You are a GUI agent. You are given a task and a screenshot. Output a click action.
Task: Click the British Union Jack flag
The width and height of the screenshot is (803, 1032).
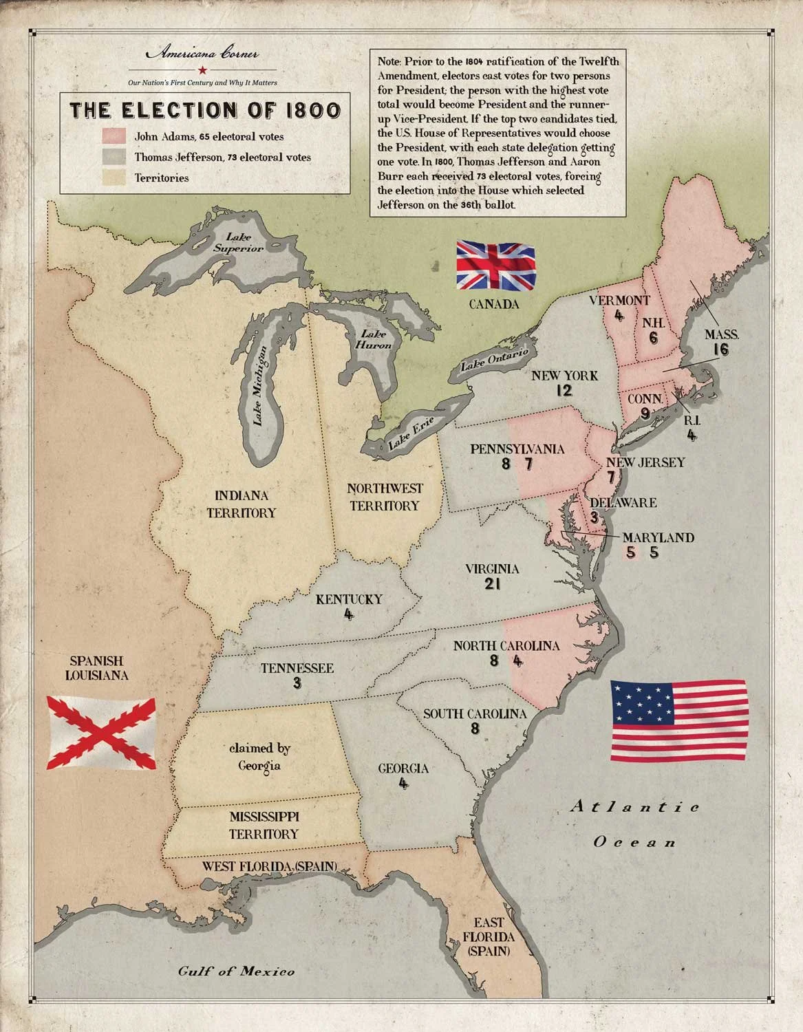tap(495, 266)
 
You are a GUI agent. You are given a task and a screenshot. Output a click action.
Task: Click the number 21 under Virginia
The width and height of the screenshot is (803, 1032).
tap(492, 585)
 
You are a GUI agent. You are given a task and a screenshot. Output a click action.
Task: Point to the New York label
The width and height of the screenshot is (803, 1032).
tap(564, 376)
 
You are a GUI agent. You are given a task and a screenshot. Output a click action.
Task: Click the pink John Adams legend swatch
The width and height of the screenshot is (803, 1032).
tap(114, 136)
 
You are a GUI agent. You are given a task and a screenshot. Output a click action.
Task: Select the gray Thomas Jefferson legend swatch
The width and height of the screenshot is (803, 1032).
tap(114, 157)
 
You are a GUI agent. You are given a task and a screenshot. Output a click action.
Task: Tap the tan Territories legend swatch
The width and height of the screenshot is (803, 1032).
tap(114, 178)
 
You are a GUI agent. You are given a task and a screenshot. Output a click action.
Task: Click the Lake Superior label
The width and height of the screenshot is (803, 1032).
tap(238, 243)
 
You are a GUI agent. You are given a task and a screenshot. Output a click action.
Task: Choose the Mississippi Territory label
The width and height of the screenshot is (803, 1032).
tap(264, 825)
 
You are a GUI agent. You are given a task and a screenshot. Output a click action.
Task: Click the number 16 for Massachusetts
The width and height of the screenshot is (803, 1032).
tap(720, 350)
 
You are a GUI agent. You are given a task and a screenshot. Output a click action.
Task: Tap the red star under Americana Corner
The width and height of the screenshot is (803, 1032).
tap(202, 69)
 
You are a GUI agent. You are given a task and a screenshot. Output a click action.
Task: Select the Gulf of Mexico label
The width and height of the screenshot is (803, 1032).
tap(236, 971)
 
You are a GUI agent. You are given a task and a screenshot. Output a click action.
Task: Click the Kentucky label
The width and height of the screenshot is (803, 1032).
tap(349, 599)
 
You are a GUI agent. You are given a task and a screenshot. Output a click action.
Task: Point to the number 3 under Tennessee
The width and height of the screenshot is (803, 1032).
tap(297, 683)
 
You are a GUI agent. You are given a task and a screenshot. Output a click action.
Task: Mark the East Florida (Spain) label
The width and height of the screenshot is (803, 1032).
tap(488, 936)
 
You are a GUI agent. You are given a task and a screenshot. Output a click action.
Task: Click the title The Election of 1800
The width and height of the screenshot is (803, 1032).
tap(205, 110)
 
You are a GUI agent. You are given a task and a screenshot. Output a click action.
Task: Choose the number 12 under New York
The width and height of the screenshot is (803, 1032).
tap(564, 391)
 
